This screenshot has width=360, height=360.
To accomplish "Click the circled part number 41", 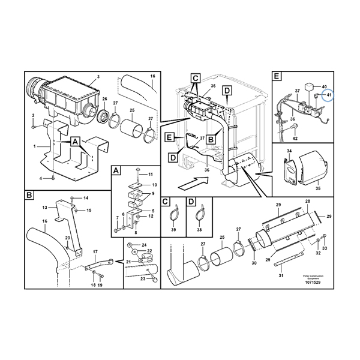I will click(x=328, y=95).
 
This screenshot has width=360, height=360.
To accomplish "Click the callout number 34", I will click(x=289, y=152).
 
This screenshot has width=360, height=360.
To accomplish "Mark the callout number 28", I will click(x=307, y=201).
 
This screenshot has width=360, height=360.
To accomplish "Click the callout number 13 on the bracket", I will click(x=44, y=208).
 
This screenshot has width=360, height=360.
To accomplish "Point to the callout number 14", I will click(x=86, y=198).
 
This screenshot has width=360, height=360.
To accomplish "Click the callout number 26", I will click(x=104, y=99).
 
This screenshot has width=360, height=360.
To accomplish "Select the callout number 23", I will click(x=143, y=279).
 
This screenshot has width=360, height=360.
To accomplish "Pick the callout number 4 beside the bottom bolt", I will click(x=41, y=178).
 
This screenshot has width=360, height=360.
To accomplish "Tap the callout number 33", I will click(x=325, y=248).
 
